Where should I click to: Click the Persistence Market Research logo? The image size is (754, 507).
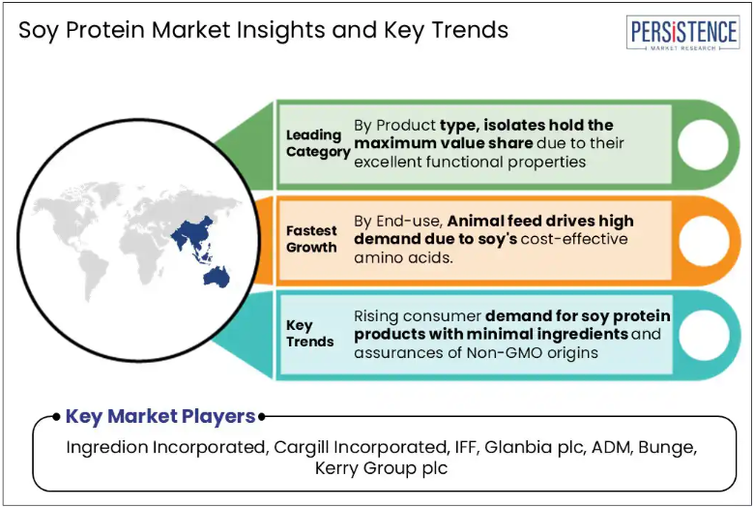click(x=682, y=33)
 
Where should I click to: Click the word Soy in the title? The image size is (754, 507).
click(x=39, y=31)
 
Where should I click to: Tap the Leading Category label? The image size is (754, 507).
click(x=318, y=143)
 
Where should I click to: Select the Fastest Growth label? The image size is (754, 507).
click(x=311, y=239)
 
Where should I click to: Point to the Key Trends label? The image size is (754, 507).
click(x=309, y=333)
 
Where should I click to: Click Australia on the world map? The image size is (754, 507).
click(x=217, y=278)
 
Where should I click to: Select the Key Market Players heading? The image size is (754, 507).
click(x=160, y=416)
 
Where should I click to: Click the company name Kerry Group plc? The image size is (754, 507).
click(x=381, y=468)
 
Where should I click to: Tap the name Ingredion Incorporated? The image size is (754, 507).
click(x=165, y=447)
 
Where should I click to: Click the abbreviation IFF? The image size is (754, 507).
click(x=466, y=447)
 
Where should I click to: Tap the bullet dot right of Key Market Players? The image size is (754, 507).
click(x=262, y=417)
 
